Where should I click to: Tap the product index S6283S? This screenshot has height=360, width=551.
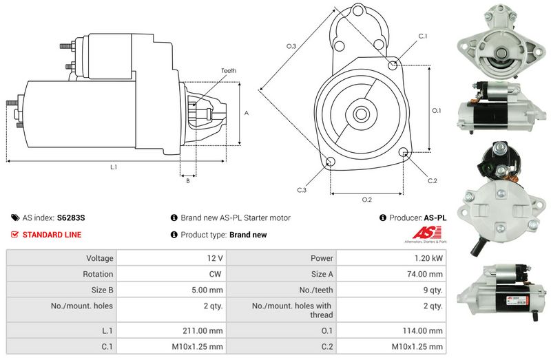pyautogui.click(x=71, y=218)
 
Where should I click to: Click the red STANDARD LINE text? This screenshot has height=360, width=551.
pyautogui.click(x=52, y=235)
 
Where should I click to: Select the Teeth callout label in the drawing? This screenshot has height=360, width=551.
pyautogui.click(x=229, y=71)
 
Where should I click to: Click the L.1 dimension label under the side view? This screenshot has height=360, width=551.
pyautogui.click(x=114, y=167)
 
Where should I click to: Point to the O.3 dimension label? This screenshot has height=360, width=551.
pyautogui.click(x=291, y=46)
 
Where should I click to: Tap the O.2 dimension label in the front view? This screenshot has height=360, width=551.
pyautogui.click(x=367, y=200)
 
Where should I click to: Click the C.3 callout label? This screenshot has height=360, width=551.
pyautogui.click(x=302, y=190)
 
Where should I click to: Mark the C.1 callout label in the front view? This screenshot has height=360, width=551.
pyautogui.click(x=422, y=36)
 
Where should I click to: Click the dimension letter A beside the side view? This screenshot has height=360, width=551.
pyautogui.click(x=246, y=113)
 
